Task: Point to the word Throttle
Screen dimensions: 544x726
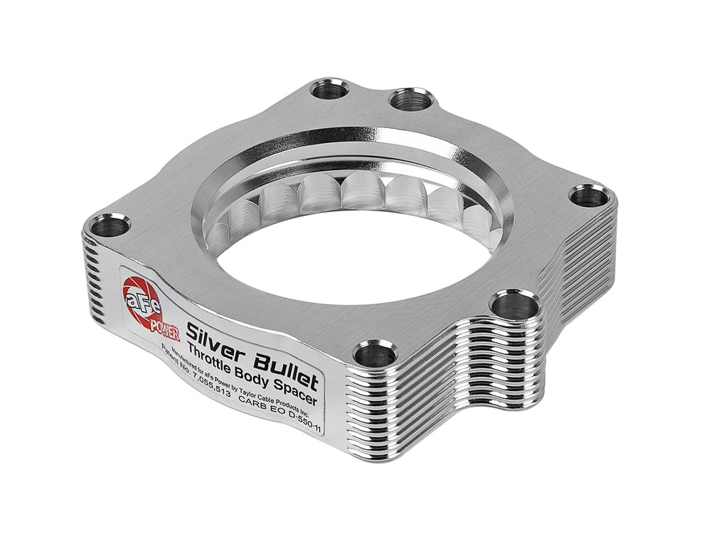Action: point(208,351)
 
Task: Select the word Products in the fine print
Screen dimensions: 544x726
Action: point(294,398)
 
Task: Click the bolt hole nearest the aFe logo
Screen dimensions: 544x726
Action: point(110,226)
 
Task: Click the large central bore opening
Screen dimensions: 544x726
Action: point(354,262)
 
